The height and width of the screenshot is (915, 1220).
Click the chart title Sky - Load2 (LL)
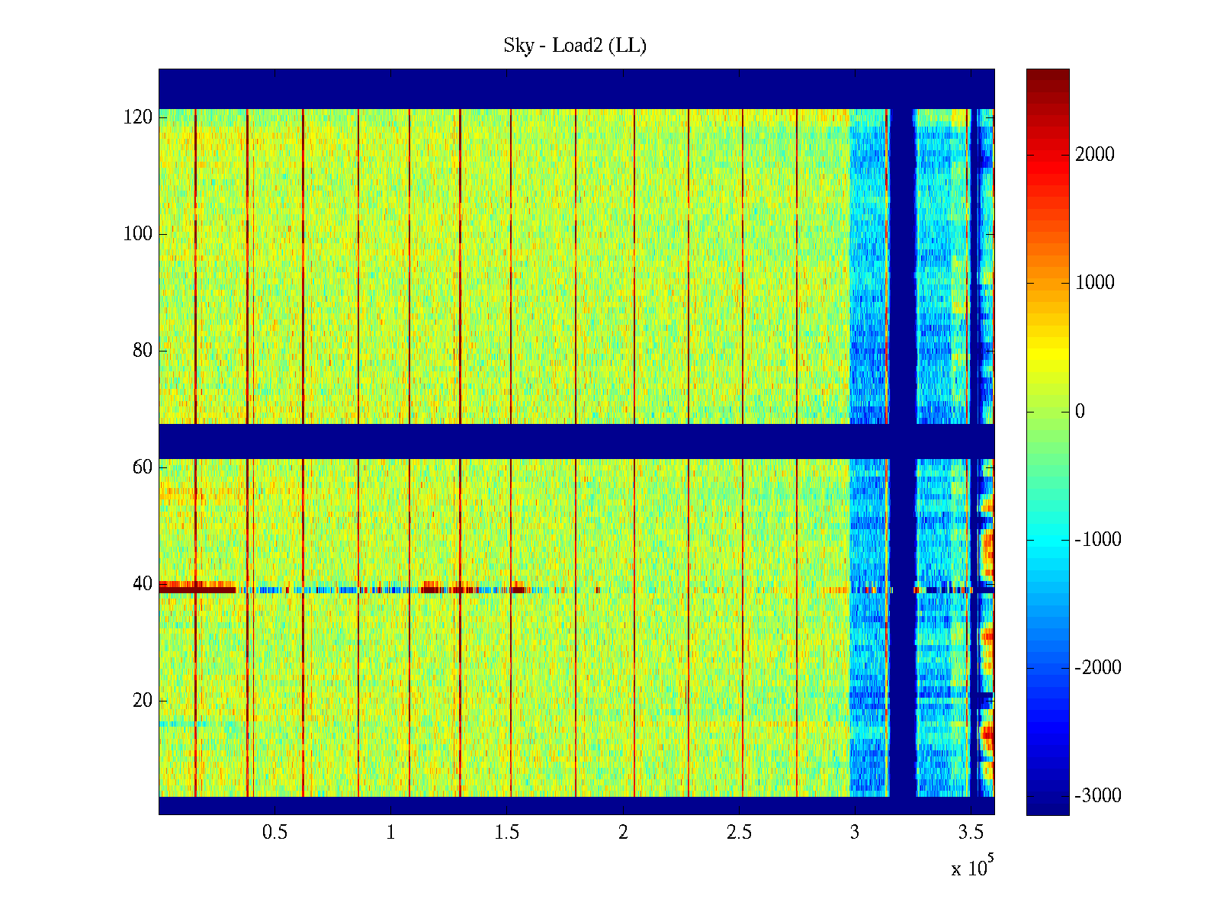(x=574, y=46)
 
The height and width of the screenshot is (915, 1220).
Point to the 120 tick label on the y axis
(x=138, y=117)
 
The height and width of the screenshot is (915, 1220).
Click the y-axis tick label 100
(x=138, y=234)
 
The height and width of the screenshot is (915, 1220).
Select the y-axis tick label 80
(x=143, y=351)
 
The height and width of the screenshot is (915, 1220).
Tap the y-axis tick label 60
(x=143, y=467)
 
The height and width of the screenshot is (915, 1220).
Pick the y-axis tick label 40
(x=143, y=584)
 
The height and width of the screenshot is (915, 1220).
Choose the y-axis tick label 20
(x=143, y=701)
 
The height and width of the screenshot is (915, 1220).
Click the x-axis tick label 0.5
(x=274, y=833)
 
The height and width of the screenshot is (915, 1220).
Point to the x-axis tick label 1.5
(x=506, y=833)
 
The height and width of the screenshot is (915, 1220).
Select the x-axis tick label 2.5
(x=739, y=833)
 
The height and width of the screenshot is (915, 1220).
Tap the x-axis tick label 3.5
(x=971, y=833)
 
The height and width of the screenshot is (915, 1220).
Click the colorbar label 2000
(x=1094, y=155)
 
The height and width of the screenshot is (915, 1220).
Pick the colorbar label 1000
(x=1094, y=283)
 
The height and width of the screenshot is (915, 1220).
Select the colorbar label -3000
(x=1097, y=796)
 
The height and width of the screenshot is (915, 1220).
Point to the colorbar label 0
(x=1080, y=412)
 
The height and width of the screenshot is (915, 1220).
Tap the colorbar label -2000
(x=1097, y=668)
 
